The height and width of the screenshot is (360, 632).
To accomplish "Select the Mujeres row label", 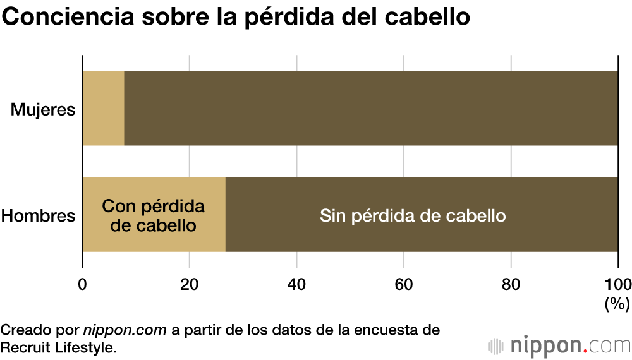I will pyautogui.click(x=43, y=110).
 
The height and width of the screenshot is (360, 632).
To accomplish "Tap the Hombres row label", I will pyautogui.click(x=39, y=216).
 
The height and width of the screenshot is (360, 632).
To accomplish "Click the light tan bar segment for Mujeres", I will pyautogui.click(x=103, y=108).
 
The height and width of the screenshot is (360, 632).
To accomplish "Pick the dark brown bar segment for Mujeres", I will pyautogui.click(x=371, y=108).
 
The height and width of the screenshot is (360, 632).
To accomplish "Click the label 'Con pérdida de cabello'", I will pyautogui.click(x=154, y=215).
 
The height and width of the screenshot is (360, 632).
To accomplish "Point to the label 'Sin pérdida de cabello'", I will pyautogui.click(x=413, y=216).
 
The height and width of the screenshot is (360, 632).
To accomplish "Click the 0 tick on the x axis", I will pyautogui.click(x=82, y=284).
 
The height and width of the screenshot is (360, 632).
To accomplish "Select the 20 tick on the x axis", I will pyautogui.click(x=190, y=284).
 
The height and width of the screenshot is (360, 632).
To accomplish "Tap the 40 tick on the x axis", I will pyautogui.click(x=296, y=284).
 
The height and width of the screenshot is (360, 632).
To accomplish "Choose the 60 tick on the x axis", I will pyautogui.click(x=404, y=284).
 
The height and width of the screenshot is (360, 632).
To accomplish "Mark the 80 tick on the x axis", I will pyautogui.click(x=511, y=284).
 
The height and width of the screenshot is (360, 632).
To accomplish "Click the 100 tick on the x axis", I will pyautogui.click(x=617, y=284).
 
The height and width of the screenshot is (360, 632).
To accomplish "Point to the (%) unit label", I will pyautogui.click(x=617, y=304).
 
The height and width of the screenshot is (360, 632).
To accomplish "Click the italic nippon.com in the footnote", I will pyautogui.click(x=125, y=330).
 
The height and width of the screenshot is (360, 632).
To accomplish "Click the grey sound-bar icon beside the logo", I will pyautogui.click(x=495, y=346).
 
